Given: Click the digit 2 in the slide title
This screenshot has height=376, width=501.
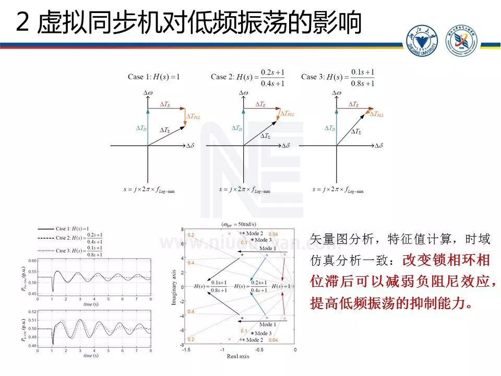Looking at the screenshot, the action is [x=22, y=22].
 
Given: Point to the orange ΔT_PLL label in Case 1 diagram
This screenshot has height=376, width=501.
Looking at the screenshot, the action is [x=193, y=113].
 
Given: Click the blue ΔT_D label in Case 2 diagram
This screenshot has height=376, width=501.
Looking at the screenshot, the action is [x=236, y=128].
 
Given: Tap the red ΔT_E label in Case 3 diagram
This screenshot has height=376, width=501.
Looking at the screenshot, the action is [x=355, y=104].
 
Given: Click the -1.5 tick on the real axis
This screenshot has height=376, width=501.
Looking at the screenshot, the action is [x=186, y=349].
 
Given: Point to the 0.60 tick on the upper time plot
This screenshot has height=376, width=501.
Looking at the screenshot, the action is [x=33, y=260].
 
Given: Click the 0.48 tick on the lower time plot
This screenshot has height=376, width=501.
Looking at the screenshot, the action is [x=33, y=346].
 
